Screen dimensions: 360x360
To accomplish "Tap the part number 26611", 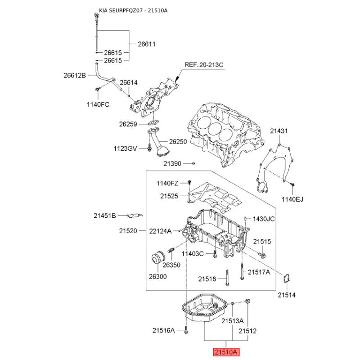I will click(146, 44).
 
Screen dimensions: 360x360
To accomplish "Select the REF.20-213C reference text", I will click(203, 65).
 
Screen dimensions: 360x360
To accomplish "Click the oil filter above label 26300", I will click(157, 260).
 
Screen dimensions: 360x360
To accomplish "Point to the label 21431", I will click(279, 131).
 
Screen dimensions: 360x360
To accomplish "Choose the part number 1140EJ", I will click(293, 198).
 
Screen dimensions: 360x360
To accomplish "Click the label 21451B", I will click(105, 216).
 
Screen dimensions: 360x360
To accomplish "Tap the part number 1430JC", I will click(263, 219).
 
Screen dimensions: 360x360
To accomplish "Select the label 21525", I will click(169, 196).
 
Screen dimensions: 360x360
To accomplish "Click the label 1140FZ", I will click(168, 183).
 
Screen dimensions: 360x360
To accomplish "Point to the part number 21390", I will click(172, 164).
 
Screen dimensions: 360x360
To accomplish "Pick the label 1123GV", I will click(125, 148).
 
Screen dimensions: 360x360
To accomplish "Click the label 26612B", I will click(74, 76).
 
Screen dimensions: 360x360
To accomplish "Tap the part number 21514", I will click(286, 295).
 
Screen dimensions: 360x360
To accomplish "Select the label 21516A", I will click(163, 331).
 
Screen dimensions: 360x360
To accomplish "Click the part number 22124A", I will click(161, 231).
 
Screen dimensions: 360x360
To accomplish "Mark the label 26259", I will click(128, 124).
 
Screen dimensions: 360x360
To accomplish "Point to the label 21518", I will click(207, 279).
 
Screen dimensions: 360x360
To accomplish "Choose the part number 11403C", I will click(193, 254).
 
